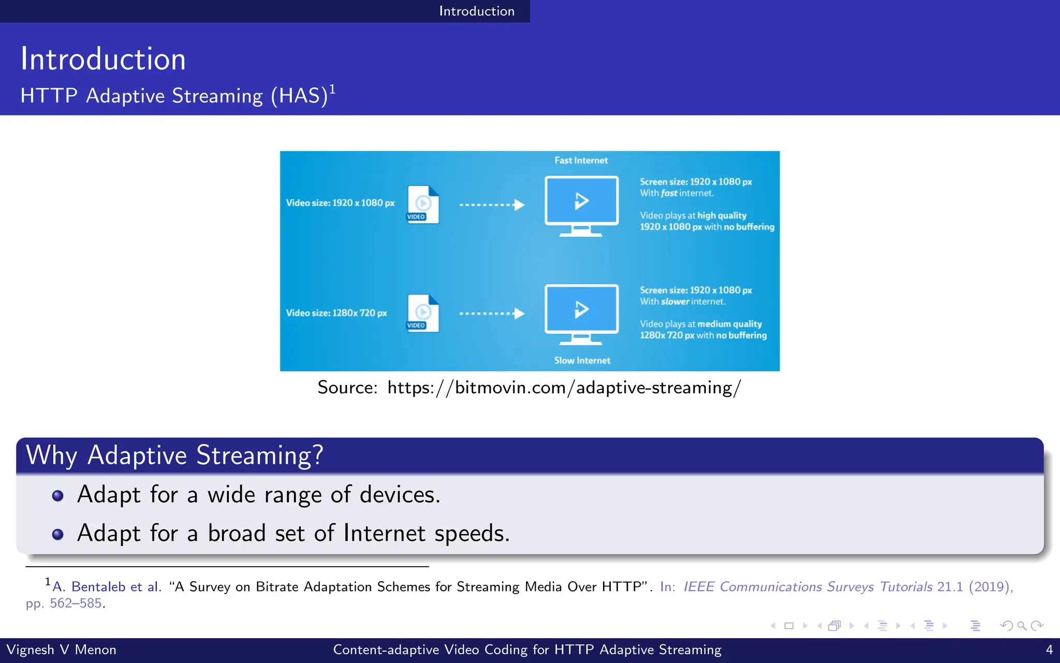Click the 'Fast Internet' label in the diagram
point(581,161)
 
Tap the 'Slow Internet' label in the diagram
point(582,361)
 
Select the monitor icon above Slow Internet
point(581,314)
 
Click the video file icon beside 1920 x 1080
point(423,205)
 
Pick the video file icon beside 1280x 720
point(423,313)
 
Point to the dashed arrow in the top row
point(492,205)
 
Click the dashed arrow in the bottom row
point(492,313)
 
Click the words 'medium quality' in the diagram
point(729,324)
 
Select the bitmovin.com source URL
point(564,387)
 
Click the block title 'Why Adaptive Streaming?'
point(174,455)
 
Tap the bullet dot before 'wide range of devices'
point(58,496)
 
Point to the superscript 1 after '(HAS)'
point(332,90)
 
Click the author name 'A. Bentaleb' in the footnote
point(89,587)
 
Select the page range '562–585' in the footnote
point(76,603)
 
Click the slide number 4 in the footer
point(1049,650)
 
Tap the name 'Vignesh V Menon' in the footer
point(61,650)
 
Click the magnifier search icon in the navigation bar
point(1021,626)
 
